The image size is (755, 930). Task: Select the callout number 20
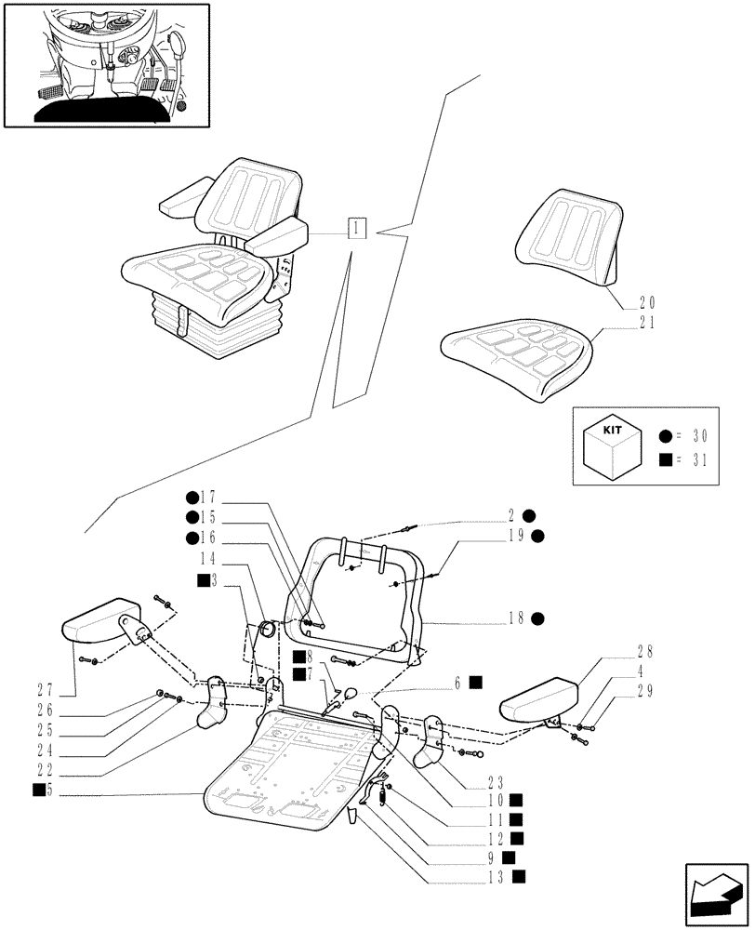pos(647,302)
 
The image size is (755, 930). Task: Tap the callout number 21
pos(647,323)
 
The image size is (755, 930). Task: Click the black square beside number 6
pos(476,682)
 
